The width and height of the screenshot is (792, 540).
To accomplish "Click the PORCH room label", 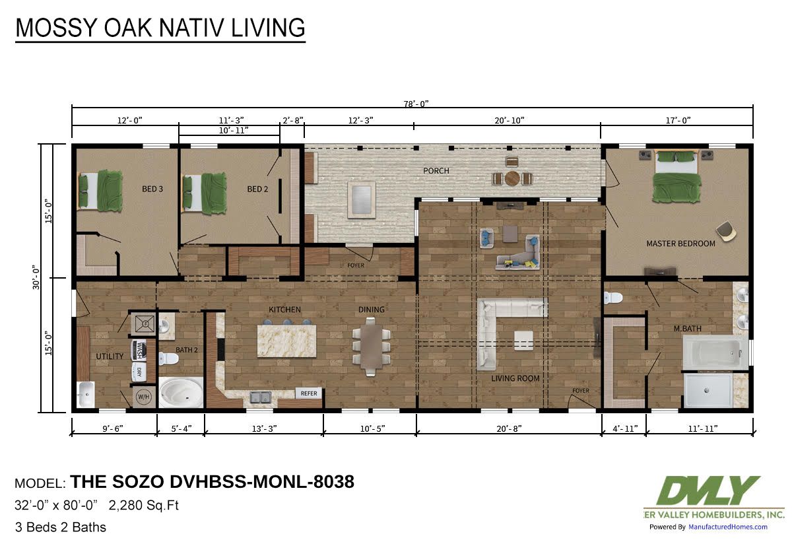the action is tap(436, 171).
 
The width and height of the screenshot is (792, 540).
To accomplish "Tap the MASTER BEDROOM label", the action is tap(680, 244).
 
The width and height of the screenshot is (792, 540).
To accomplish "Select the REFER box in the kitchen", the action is tap(309, 393).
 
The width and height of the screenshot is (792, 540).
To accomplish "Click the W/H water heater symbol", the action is tap(144, 397).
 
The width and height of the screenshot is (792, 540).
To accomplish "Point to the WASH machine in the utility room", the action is tap(139, 349).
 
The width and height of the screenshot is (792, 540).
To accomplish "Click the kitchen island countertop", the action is tap(286, 341).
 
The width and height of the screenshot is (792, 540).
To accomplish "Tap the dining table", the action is tap(370, 347).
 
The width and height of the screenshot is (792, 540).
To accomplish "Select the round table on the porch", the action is tap(511, 179).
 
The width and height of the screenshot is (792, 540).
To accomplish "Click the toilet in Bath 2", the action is tap(168, 358).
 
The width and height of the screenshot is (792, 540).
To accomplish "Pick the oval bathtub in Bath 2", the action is tap(181, 393).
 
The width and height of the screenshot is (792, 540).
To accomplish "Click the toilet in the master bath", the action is tap(613, 298).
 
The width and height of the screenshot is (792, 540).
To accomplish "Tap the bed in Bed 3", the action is tap(100, 191).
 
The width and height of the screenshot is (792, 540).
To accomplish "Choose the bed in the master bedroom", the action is tap(676, 176).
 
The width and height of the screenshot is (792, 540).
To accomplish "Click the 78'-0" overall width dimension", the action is tap(416, 104).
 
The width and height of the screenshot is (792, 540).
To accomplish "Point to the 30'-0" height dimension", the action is tap(36, 278).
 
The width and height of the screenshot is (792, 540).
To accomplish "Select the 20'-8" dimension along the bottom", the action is tap(509, 428).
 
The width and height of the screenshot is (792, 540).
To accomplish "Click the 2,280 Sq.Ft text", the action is tap(144, 506).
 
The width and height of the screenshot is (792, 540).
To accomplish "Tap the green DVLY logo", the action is tap(708, 490).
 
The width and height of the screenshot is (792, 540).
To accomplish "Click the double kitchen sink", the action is tap(261, 397).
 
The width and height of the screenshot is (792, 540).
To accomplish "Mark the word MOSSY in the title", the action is tap(57, 28).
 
